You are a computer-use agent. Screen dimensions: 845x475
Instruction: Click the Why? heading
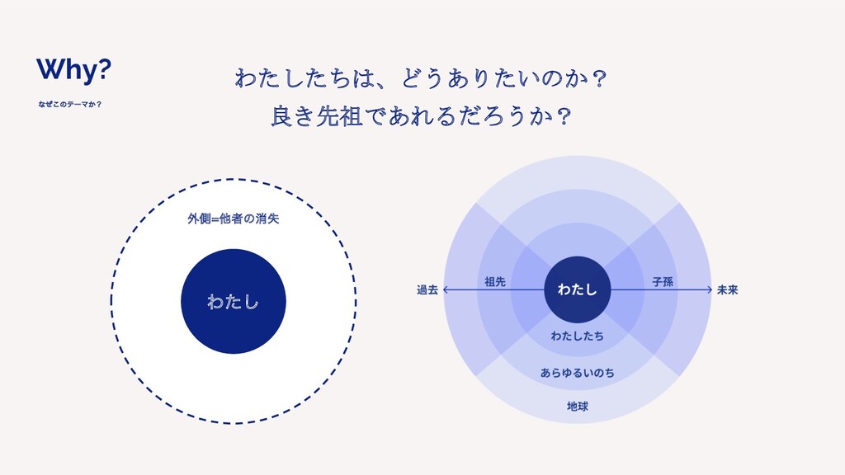click(74, 72)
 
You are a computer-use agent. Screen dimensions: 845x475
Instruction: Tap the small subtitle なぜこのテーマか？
click(69, 106)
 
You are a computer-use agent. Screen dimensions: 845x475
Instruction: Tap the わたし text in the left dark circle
click(234, 303)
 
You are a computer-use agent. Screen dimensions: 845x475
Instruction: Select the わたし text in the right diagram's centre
click(578, 289)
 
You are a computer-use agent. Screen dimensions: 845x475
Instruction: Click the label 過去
click(427, 289)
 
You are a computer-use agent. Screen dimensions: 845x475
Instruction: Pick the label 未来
click(727, 289)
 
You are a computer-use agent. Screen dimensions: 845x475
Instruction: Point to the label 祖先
click(495, 282)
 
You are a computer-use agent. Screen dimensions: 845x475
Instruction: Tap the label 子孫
click(663, 282)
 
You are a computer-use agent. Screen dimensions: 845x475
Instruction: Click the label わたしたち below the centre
click(578, 336)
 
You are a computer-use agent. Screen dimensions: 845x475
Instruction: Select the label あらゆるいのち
click(578, 374)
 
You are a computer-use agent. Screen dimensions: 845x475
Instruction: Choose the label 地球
click(578, 407)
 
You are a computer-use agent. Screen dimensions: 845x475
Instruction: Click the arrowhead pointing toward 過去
click(446, 289)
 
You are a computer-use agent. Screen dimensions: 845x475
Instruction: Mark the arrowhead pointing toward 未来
click(709, 289)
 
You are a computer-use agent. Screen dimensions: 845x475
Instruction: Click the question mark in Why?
click(105, 72)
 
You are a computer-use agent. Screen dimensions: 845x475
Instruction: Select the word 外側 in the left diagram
click(198, 219)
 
